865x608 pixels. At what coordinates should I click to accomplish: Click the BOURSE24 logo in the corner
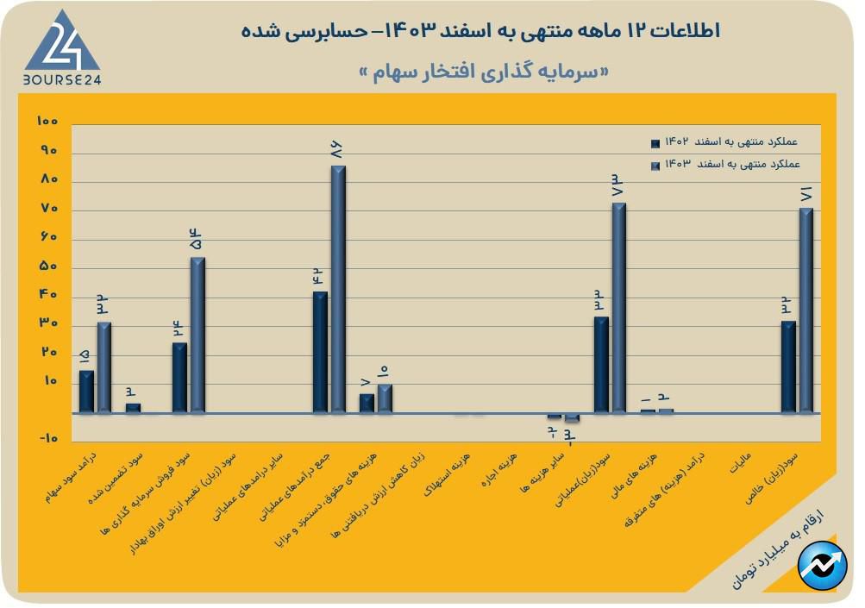coord(61,47)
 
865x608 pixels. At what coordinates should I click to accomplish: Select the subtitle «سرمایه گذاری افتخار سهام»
coord(482,72)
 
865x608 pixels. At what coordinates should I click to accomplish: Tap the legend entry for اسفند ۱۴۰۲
coord(724,141)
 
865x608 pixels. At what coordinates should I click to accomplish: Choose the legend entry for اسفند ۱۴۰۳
coord(724,163)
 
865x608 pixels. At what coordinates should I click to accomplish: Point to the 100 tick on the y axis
coord(47,122)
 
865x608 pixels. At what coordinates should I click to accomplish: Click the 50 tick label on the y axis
coord(47,266)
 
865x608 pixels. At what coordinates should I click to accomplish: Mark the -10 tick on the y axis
coord(47,439)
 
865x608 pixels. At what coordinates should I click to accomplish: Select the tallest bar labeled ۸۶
coord(338,289)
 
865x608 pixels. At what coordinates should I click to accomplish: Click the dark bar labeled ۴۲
coord(320,352)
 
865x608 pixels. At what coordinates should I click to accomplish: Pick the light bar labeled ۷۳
coord(619,308)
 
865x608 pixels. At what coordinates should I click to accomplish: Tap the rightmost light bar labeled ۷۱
coord(806,310)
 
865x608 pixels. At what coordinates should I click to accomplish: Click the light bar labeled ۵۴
coord(197,335)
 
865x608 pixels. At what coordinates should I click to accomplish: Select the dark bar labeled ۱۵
coord(86,392)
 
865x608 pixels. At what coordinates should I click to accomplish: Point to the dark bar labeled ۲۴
coord(179,378)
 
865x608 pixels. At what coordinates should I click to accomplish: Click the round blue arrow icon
coord(822,567)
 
